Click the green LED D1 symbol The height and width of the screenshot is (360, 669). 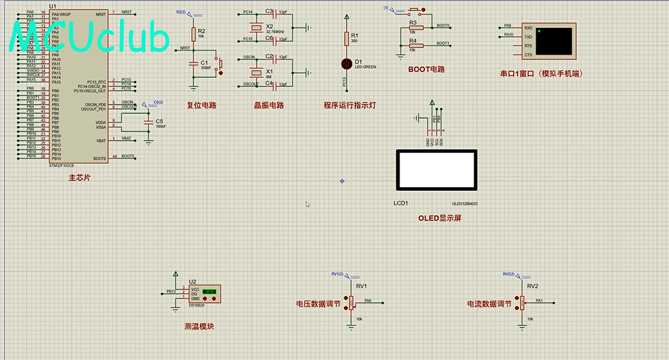[346, 64]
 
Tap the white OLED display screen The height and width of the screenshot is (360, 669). [437, 169]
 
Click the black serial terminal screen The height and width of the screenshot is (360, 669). [553, 41]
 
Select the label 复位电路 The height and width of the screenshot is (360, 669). [201, 105]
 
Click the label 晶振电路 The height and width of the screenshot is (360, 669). [269, 105]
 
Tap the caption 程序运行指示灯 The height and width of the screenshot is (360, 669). [350, 105]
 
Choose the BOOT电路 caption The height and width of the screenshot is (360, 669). [426, 69]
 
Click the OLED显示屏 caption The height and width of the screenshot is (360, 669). [440, 218]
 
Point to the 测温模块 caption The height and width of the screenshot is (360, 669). [199, 327]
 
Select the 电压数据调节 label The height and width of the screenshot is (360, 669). [318, 303]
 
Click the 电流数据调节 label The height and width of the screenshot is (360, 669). [490, 303]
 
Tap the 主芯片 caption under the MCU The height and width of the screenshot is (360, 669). [79, 178]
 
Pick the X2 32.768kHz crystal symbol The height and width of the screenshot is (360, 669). [254, 27]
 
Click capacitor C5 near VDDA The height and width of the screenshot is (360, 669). [149, 123]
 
